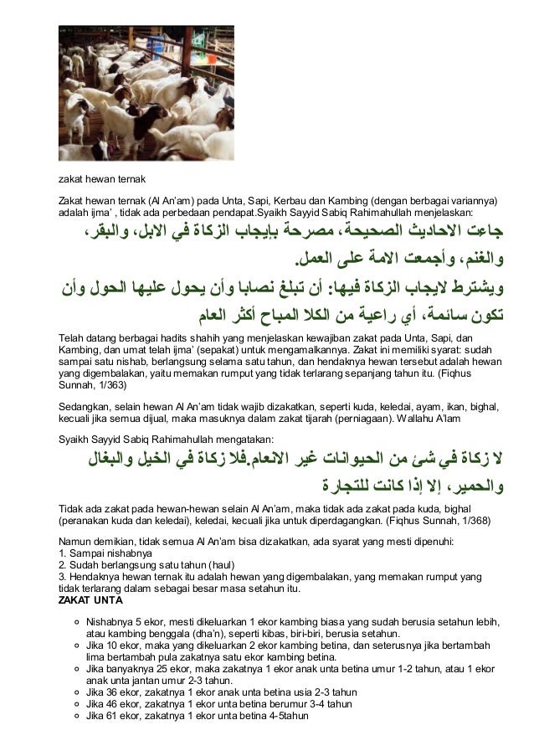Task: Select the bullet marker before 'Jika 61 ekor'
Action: coord(77,716)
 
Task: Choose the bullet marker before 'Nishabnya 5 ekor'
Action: coord(77,623)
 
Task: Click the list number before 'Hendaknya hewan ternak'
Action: coord(60,577)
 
